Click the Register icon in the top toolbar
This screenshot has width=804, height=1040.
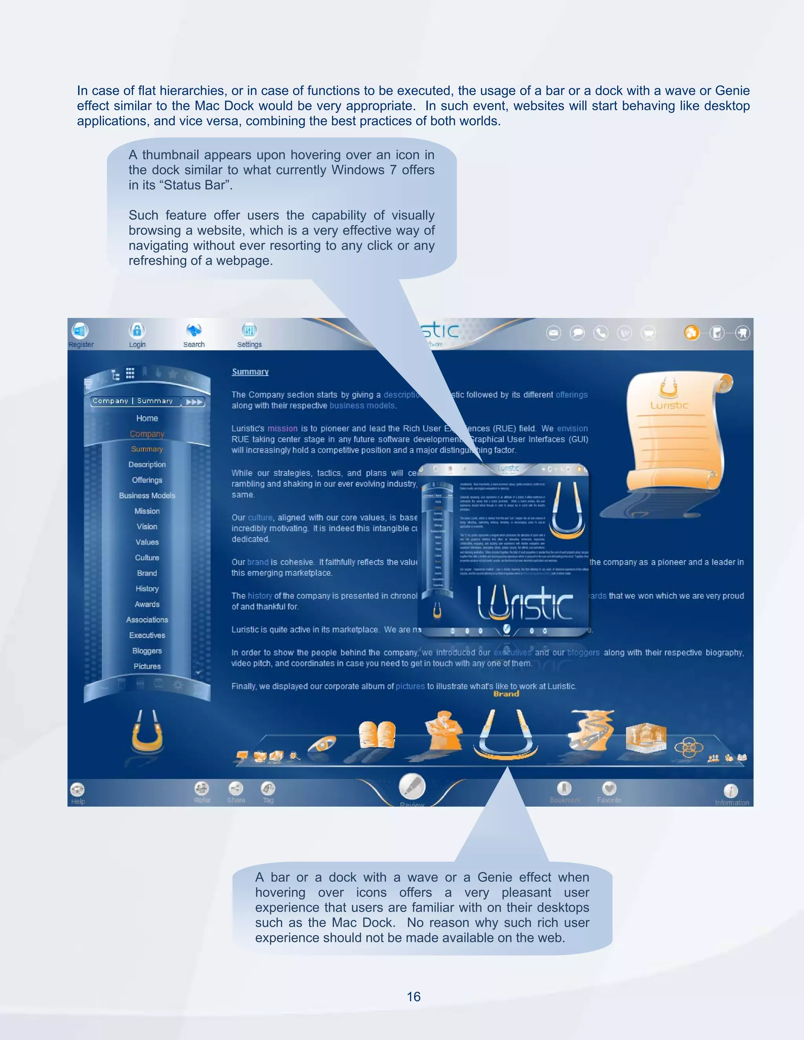tap(80, 330)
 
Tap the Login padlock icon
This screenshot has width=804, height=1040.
tap(137, 330)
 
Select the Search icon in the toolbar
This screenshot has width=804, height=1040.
tap(194, 330)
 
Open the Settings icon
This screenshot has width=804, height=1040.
tap(249, 330)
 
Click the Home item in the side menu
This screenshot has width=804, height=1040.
tap(147, 418)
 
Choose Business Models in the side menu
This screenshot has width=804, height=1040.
tap(147, 496)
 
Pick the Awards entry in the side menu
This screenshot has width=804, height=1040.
tap(147, 604)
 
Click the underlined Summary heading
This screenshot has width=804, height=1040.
tap(250, 372)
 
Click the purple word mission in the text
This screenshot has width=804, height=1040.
tap(282, 429)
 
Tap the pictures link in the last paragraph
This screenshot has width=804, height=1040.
tap(410, 686)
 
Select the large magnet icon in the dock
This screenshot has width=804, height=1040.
tap(505, 734)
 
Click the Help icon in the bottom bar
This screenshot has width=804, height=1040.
tap(77, 790)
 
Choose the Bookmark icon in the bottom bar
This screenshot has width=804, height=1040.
tap(565, 788)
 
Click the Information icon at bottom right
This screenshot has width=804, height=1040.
tap(731, 791)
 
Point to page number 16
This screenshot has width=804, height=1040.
tap(413, 997)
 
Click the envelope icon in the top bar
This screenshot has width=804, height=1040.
tap(554, 333)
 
